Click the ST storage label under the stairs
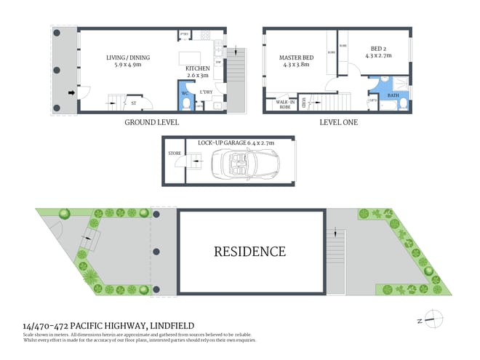tap(133, 103)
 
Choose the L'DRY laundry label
tap(205, 92)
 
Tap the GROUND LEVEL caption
tap(152, 122)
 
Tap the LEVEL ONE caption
tap(339, 122)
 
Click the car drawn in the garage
tap(234, 166)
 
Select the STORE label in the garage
tap(175, 153)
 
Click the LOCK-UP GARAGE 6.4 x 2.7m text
tap(236, 144)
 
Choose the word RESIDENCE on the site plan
tap(249, 252)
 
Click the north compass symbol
tap(433, 316)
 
